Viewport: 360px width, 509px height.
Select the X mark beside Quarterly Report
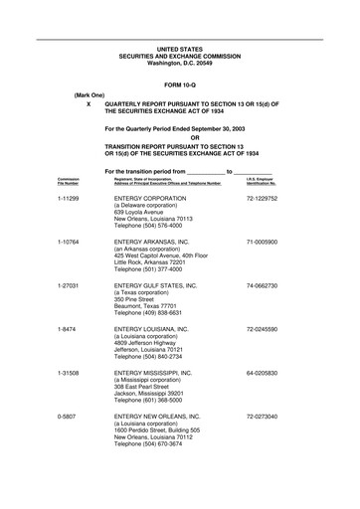[x=90, y=103]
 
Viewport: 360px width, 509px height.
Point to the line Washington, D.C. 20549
[x=179, y=63]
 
